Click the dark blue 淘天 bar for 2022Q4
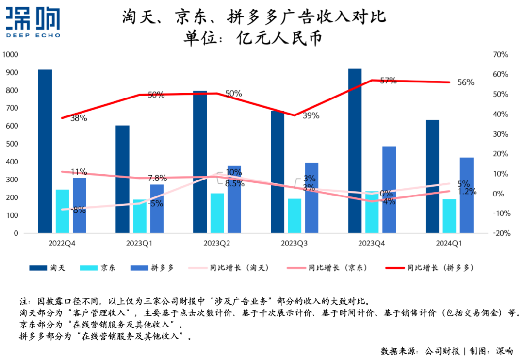[x=45, y=151]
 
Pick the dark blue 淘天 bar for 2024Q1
[x=432, y=177]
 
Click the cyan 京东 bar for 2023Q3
[x=295, y=216]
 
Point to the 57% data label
[x=388, y=81]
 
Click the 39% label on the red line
[x=311, y=115]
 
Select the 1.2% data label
[x=466, y=192]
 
